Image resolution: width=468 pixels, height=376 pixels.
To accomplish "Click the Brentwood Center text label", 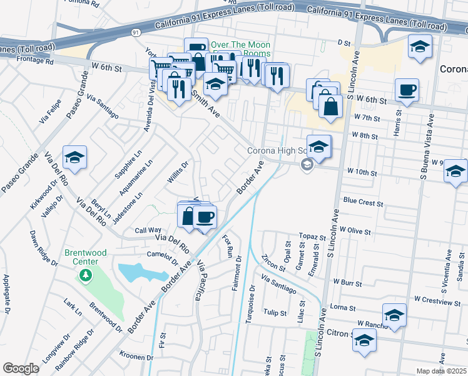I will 81,257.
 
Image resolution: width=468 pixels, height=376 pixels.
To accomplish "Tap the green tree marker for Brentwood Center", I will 85,274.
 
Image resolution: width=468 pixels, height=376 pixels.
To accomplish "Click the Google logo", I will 21,368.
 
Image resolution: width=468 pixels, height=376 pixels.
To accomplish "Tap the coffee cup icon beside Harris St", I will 407,90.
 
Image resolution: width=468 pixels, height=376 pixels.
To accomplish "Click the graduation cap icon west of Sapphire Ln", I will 74,158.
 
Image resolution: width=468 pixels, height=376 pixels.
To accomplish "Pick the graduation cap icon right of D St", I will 420,46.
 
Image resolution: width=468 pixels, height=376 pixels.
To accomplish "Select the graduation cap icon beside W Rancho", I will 394,315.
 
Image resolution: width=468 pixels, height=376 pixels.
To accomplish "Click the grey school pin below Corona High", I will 307,165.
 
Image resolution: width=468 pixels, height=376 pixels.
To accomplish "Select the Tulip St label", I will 275,312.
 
